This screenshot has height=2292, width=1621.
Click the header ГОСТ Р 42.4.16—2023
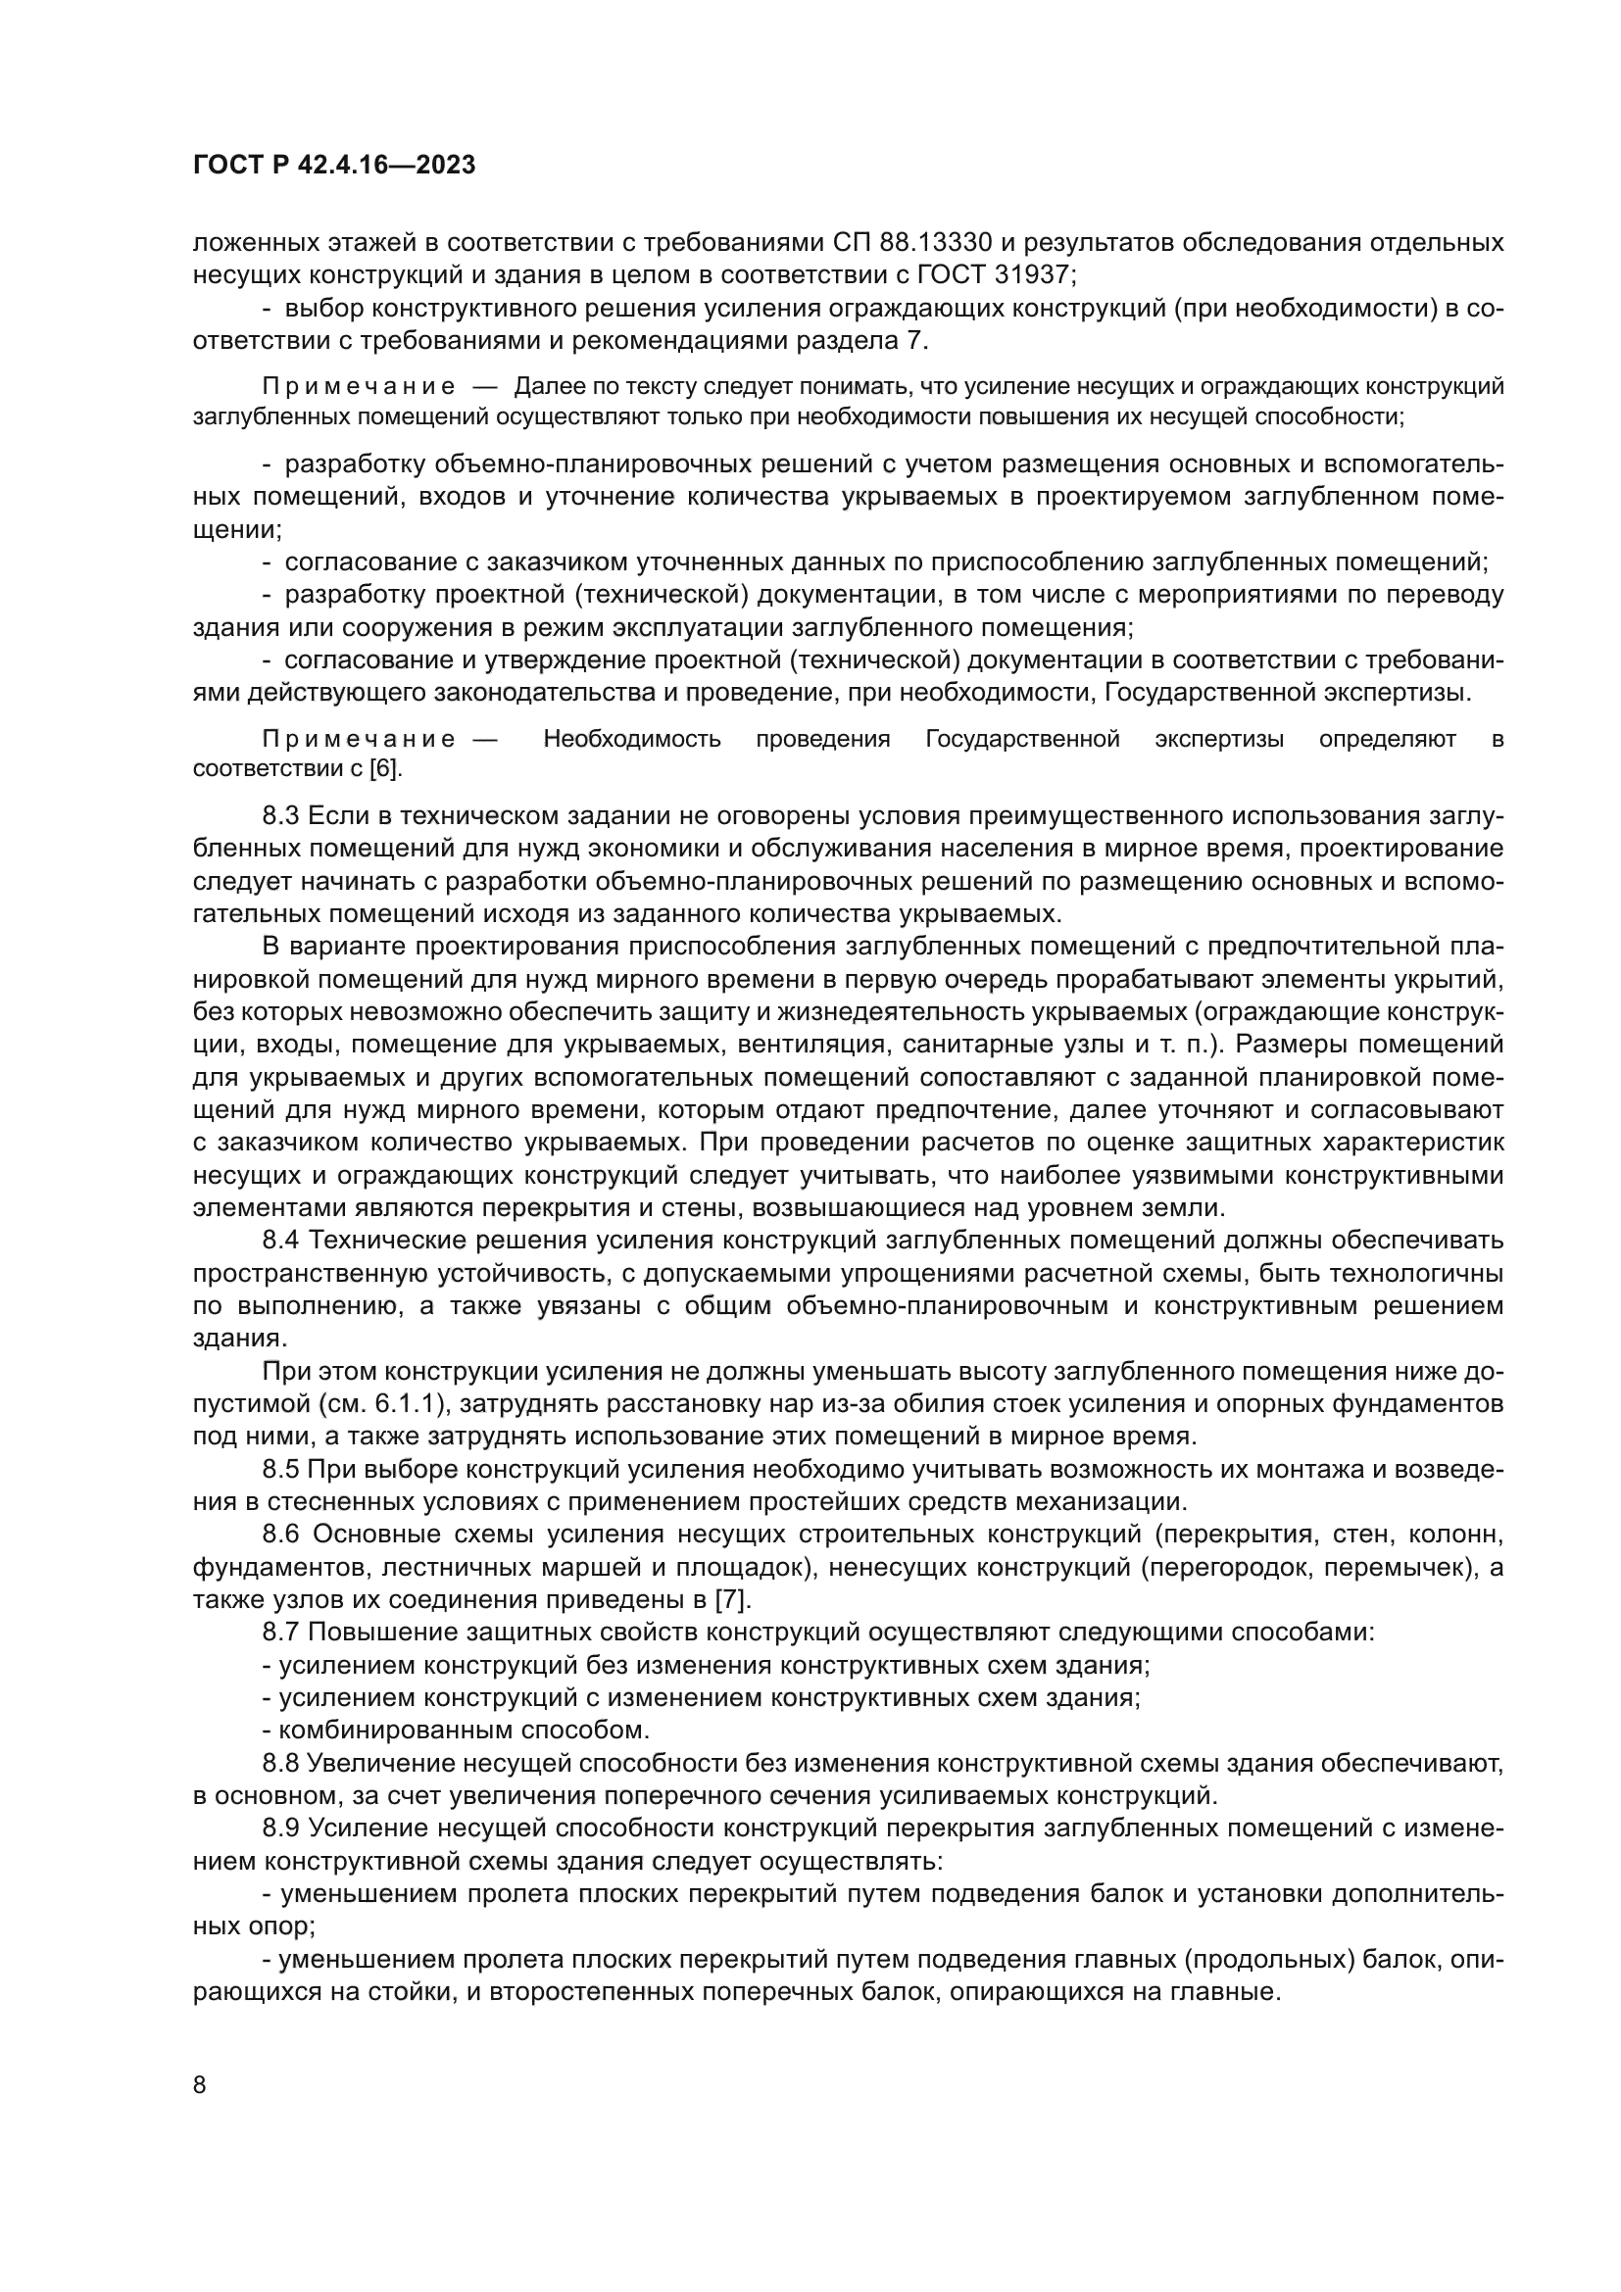(x=333, y=166)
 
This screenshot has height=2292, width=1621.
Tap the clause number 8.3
(x=280, y=816)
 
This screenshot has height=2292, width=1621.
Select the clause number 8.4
(x=280, y=1241)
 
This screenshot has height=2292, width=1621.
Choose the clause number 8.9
(x=280, y=1829)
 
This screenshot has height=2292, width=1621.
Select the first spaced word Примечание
(x=360, y=387)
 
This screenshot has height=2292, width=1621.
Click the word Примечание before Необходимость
(x=360, y=740)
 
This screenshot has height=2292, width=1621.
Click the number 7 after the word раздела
(x=915, y=340)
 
